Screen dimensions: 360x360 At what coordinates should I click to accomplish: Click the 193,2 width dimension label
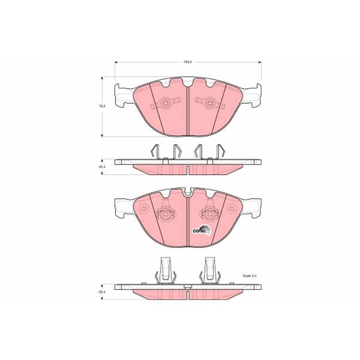(x=187, y=62)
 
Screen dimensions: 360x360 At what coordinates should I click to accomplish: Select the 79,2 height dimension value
(x=102, y=106)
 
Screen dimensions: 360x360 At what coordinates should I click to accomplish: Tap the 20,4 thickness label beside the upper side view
(x=102, y=167)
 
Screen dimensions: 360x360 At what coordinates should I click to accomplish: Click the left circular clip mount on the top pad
(x=166, y=103)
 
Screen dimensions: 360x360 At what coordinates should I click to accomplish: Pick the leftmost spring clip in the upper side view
(x=154, y=151)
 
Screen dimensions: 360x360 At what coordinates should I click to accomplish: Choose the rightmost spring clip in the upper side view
(x=221, y=151)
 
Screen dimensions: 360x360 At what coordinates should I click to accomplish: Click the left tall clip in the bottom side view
(x=165, y=270)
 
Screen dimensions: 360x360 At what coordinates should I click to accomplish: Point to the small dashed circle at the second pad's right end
(x=231, y=209)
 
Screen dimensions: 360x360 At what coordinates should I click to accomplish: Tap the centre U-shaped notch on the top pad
(x=188, y=83)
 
